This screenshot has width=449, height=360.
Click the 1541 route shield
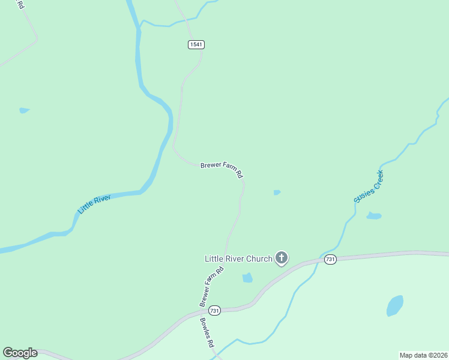click(196, 44)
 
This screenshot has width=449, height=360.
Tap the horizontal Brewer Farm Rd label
click(221, 170)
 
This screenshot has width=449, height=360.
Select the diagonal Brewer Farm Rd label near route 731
click(211, 287)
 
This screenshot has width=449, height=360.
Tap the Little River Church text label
click(238, 259)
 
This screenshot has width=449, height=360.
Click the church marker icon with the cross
click(282, 259)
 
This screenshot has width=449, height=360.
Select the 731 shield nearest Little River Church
click(330, 259)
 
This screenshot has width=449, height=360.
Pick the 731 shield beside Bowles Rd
click(215, 310)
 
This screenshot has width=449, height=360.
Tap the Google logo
click(20, 353)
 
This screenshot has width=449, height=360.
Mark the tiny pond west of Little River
click(24, 110)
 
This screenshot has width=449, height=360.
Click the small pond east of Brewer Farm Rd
click(277, 193)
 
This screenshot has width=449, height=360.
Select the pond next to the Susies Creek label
click(374, 215)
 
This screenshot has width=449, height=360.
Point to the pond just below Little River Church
click(247, 277)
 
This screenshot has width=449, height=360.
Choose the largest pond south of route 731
click(394, 306)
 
